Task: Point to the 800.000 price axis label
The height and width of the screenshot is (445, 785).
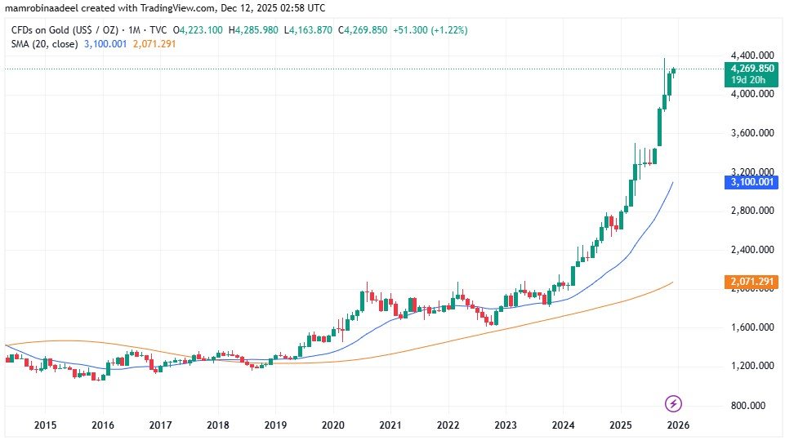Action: tap(752, 406)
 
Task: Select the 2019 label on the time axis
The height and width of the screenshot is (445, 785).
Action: tap(275, 425)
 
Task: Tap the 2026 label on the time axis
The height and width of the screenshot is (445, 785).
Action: tap(676, 425)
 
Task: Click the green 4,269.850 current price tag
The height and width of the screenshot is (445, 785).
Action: tap(750, 69)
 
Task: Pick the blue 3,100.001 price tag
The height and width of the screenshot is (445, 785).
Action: tap(750, 183)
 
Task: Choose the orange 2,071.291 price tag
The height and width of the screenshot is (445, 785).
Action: tap(750, 282)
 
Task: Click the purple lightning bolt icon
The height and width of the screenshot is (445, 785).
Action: tap(674, 403)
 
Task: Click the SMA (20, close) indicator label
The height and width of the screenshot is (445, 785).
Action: tap(44, 43)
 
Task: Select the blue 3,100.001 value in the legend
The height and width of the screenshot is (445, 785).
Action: tap(105, 43)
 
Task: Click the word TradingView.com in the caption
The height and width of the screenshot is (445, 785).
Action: tap(185, 8)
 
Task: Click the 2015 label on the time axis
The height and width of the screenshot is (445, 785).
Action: tap(45, 425)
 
